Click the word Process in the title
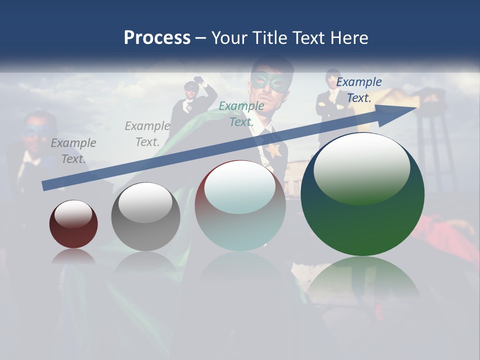pyautogui.click(x=157, y=38)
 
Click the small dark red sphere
pyautogui.click(x=73, y=224)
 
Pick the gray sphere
pyautogui.click(x=145, y=217)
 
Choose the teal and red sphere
pyautogui.click(x=240, y=205)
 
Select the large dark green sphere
pyautogui.click(x=362, y=195)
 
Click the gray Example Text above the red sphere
pyautogui.click(x=73, y=150)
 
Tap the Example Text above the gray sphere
pyautogui.click(x=147, y=133)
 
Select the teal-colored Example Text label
pyautogui.click(x=241, y=113)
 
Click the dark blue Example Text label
pyautogui.click(x=359, y=89)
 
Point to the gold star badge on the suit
pyautogui.click(x=273, y=150)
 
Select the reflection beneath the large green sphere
pyautogui.click(x=362, y=280)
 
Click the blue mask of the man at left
pyautogui.click(x=33, y=131)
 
